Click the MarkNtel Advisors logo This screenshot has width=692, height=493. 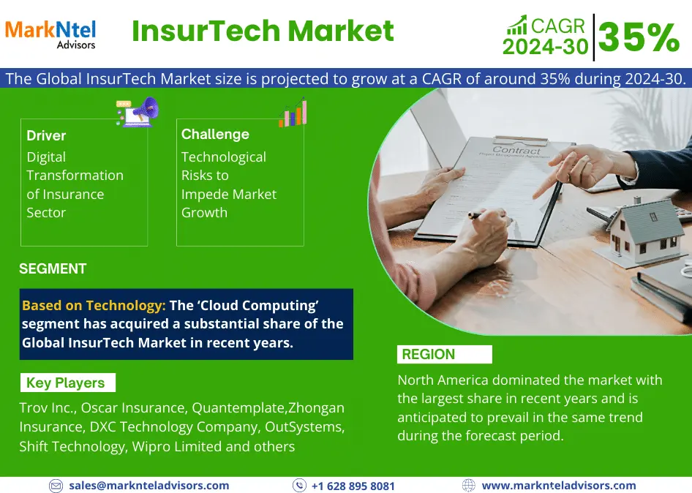[50, 34]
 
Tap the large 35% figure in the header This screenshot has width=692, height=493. [639, 37]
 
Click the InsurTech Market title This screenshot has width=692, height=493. [263, 31]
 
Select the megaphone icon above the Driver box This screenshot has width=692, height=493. [138, 112]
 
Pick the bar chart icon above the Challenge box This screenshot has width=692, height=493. [293, 113]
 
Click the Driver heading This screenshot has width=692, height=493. [46, 135]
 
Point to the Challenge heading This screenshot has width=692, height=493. [215, 134]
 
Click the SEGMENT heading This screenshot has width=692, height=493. [53, 268]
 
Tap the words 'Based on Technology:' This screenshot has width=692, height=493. [94, 305]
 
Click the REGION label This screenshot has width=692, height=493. [428, 354]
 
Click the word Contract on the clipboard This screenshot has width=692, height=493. [516, 151]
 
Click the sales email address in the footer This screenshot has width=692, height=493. [148, 486]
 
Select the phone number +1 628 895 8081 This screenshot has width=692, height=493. [353, 486]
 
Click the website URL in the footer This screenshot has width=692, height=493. [559, 486]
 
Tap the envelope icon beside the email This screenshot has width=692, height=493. [56, 486]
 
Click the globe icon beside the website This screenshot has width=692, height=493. [469, 486]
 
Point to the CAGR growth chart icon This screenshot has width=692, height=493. [516, 25]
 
